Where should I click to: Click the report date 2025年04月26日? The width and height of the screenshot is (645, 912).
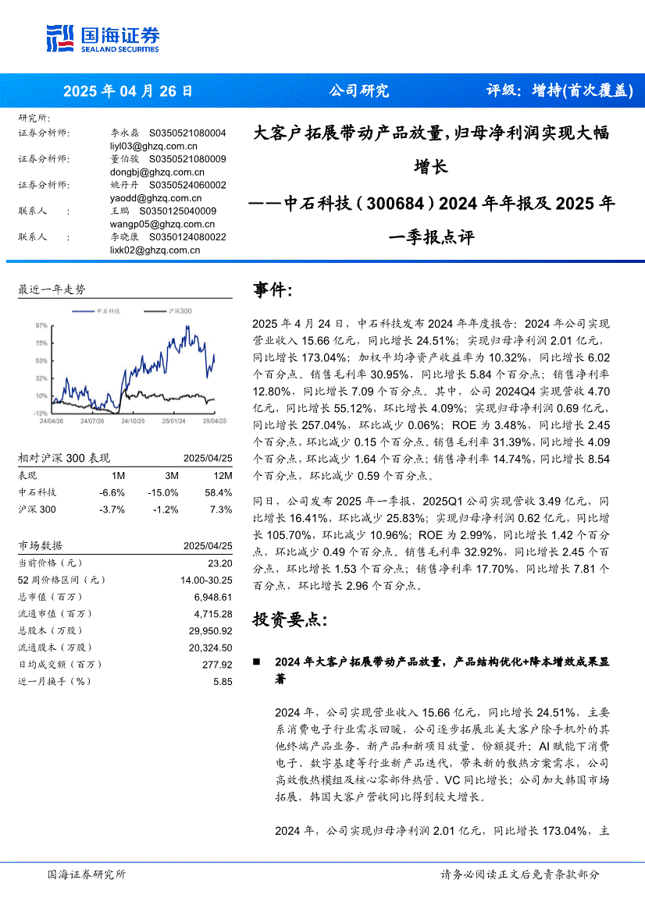click(127, 90)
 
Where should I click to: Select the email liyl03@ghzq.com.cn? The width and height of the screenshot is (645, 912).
click(154, 146)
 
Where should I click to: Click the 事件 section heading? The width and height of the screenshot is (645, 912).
click(273, 291)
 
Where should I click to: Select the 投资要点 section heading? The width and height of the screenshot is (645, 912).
click(290, 619)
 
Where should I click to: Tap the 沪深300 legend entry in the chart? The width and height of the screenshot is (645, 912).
click(180, 311)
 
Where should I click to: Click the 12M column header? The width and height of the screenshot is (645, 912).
click(222, 476)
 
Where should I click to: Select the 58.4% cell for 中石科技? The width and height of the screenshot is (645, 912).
click(219, 493)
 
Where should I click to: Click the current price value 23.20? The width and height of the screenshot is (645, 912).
click(220, 563)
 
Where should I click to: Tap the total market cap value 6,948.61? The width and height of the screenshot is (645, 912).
click(214, 597)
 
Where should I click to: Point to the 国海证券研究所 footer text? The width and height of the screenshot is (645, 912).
click(86, 875)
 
